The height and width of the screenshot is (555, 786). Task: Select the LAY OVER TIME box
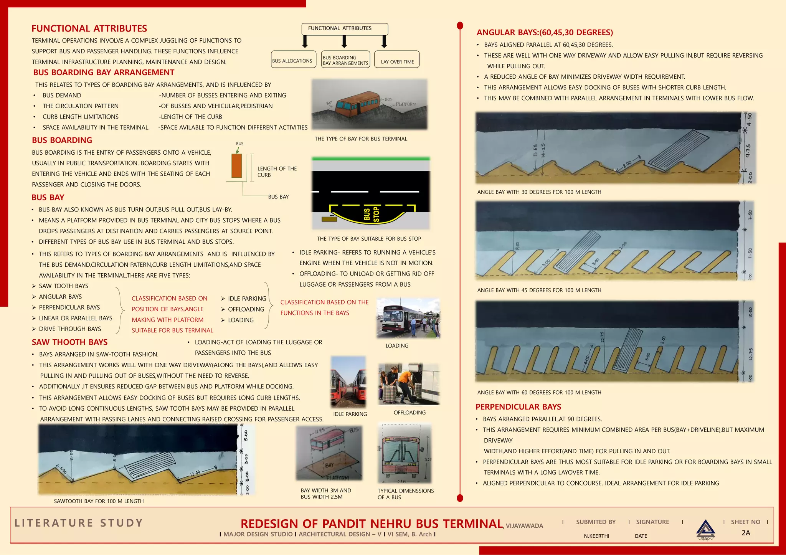(397, 59)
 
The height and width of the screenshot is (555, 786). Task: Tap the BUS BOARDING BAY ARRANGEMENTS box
(345, 59)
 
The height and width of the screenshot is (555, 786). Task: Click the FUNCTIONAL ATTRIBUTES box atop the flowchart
(345, 29)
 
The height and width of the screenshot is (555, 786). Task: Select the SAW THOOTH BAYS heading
(69, 342)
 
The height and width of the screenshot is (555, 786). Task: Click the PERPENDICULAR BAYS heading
(518, 407)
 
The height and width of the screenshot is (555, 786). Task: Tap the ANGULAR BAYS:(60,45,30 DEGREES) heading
(545, 33)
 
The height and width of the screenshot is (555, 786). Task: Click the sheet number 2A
(746, 533)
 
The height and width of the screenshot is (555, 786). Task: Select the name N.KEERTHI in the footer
(596, 536)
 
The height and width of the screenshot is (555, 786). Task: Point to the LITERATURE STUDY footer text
(79, 523)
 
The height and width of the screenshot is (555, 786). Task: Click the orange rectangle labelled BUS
(236, 166)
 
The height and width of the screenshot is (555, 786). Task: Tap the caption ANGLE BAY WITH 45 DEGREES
(539, 290)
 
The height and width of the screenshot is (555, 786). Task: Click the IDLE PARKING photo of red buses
(348, 382)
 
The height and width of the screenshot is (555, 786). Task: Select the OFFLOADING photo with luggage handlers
(408, 384)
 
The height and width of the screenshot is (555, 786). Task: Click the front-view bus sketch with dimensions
(405, 453)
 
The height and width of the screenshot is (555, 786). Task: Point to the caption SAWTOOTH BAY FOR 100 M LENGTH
(99, 501)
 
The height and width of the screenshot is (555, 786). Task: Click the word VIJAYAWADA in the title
(524, 526)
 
